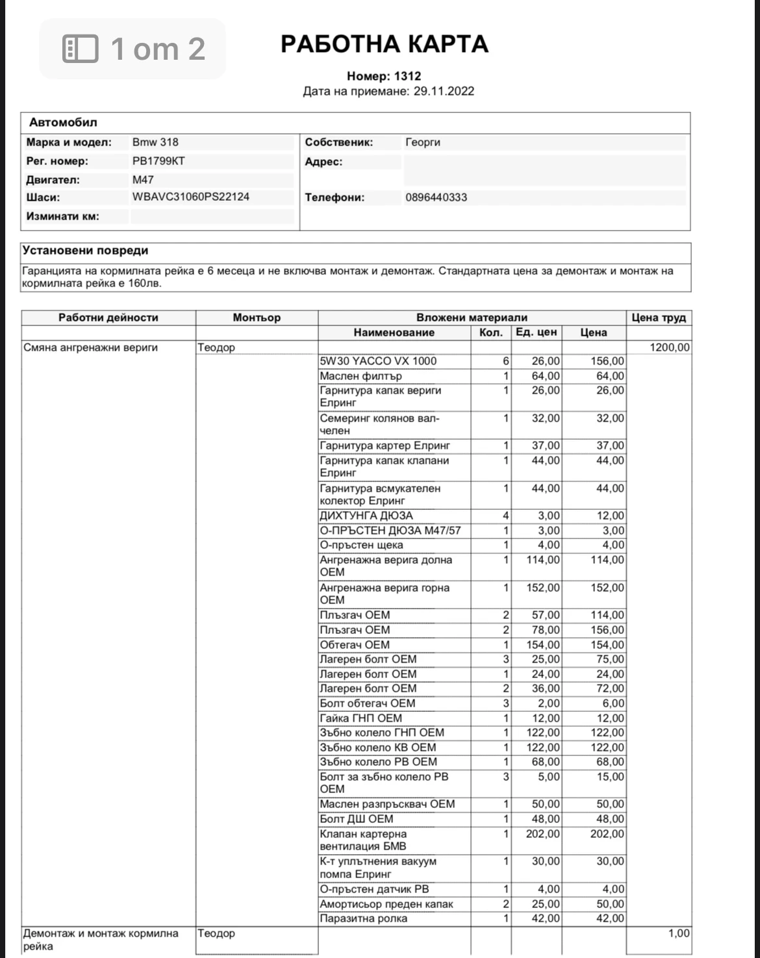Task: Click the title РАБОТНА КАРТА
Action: tap(384, 44)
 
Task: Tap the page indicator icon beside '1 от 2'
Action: tap(81, 49)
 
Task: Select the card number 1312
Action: tap(407, 76)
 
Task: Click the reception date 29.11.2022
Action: tap(444, 91)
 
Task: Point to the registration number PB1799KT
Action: tap(158, 161)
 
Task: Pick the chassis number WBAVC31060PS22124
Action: tap(190, 197)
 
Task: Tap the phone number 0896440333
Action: tap(436, 197)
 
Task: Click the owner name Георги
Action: tap(422, 142)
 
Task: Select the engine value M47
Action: tap(143, 180)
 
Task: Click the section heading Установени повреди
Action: tap(85, 251)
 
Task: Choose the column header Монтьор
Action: tap(257, 318)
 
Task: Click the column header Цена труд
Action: tap(658, 318)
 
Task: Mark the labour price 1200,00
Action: tap(670, 347)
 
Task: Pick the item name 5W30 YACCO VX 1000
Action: tap(378, 361)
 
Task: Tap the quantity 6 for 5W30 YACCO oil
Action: tap(505, 361)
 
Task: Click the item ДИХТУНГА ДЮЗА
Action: tap(366, 516)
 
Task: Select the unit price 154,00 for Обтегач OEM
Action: tap(543, 645)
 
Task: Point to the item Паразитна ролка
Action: tap(364, 918)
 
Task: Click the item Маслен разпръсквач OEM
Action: tap(387, 804)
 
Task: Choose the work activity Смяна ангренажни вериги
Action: tap(90, 347)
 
